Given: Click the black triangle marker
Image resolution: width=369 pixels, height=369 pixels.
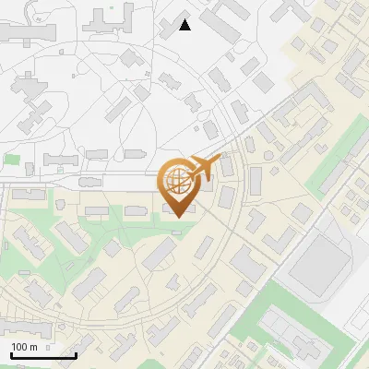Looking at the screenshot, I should click(184, 25).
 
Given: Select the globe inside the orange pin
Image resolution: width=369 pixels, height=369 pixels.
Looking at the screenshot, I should click(177, 180).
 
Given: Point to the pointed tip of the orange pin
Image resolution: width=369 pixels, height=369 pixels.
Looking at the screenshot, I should click(177, 217).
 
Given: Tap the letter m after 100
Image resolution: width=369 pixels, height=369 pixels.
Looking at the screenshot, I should click(33, 347).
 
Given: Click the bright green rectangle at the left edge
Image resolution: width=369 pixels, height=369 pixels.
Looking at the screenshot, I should click(11, 160).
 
